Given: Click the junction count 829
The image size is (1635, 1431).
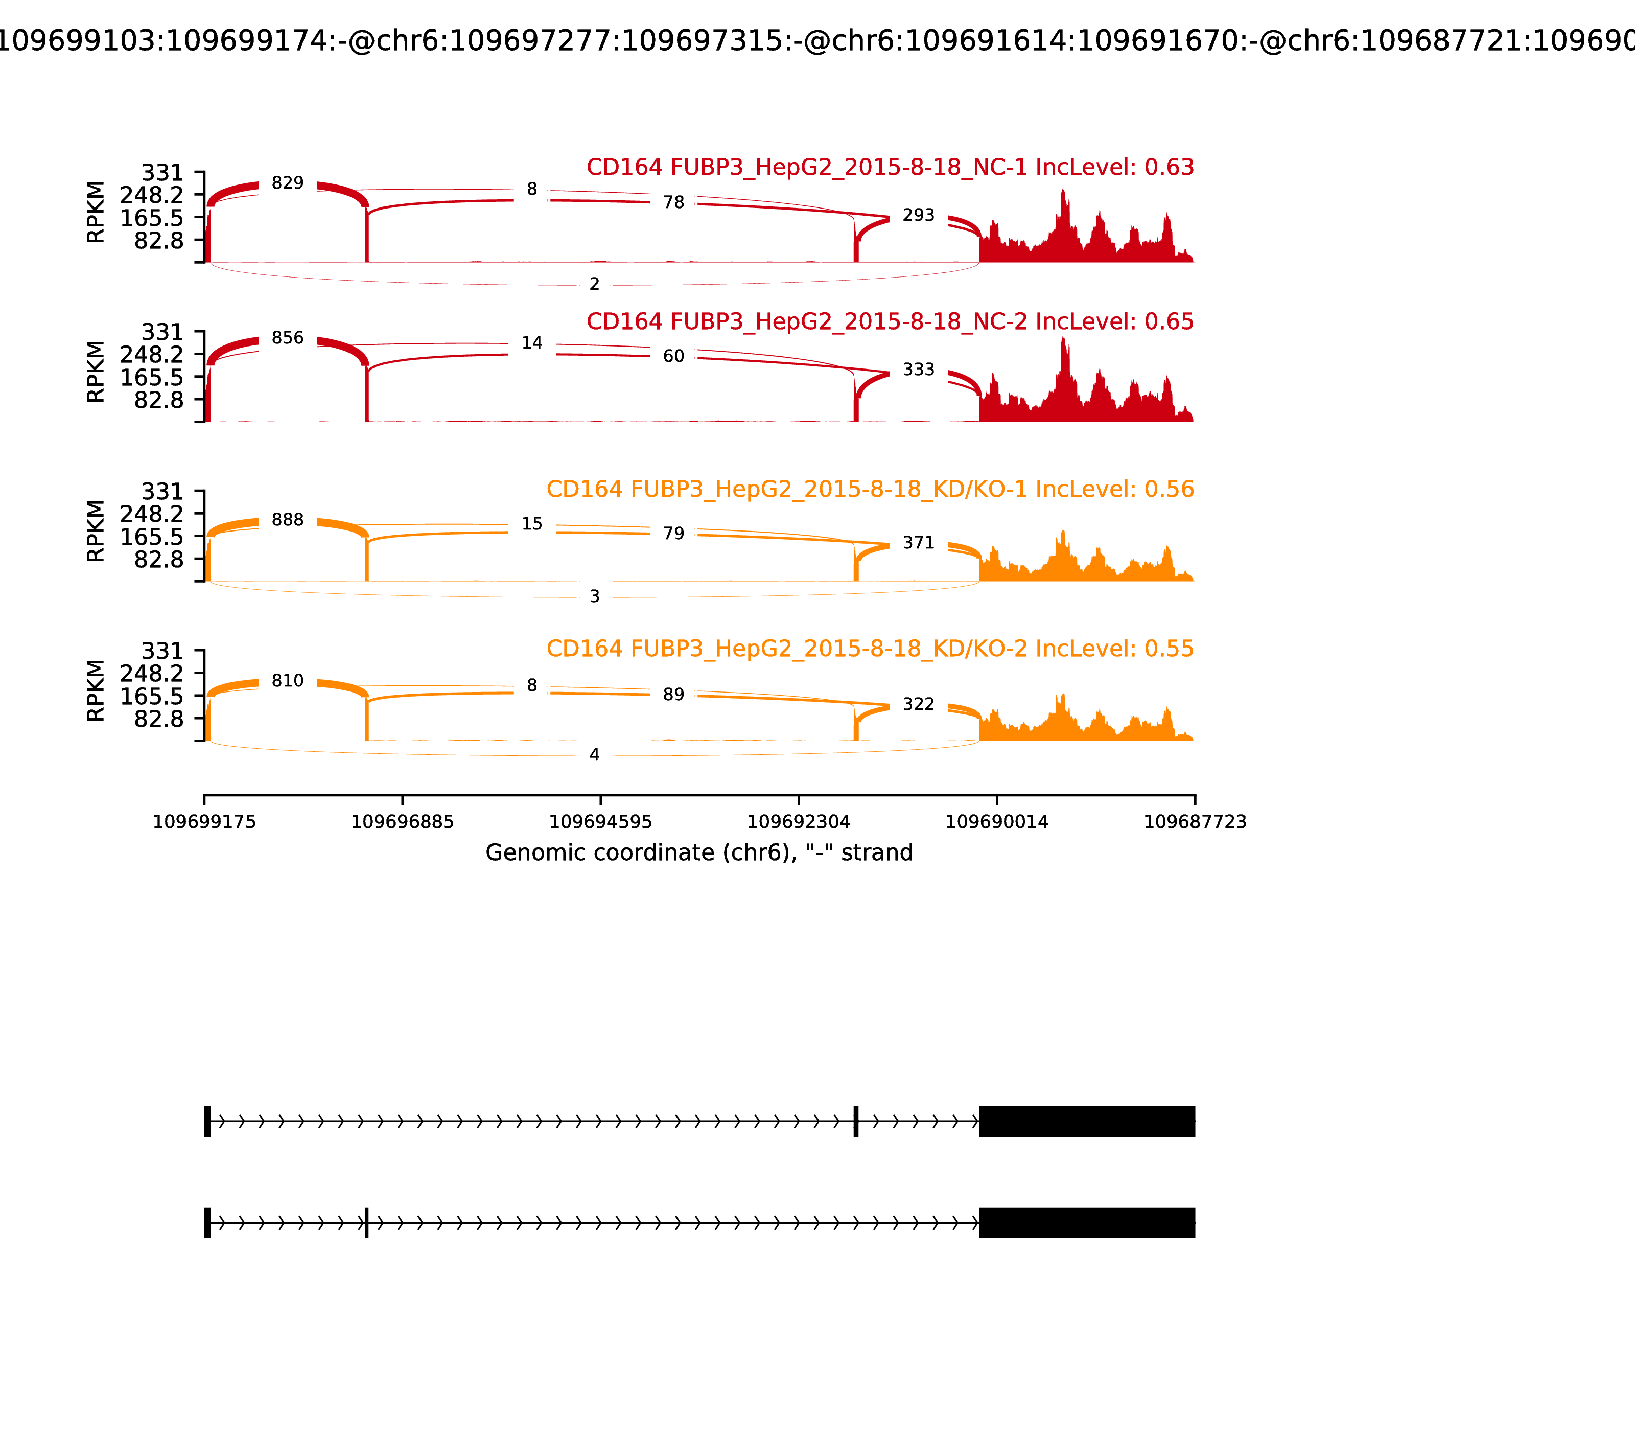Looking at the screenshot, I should (287, 183).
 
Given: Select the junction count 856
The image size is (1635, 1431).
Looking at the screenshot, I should (287, 338).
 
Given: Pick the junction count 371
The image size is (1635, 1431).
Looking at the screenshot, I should (918, 543).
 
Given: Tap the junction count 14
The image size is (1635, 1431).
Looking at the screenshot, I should (532, 343).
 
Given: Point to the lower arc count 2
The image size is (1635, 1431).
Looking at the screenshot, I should (594, 284).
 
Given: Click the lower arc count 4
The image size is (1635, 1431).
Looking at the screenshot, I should (594, 755).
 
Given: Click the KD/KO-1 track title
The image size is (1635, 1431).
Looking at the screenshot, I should (870, 490).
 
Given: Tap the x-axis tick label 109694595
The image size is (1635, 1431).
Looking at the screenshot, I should (600, 822).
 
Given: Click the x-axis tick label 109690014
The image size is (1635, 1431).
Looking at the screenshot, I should (996, 822).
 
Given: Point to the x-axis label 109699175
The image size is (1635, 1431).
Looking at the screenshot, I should (204, 822).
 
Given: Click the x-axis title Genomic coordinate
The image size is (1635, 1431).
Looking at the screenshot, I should (698, 853).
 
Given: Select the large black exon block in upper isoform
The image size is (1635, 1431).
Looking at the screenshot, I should (1087, 1121).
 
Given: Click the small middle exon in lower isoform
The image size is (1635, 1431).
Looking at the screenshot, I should (366, 1222).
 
